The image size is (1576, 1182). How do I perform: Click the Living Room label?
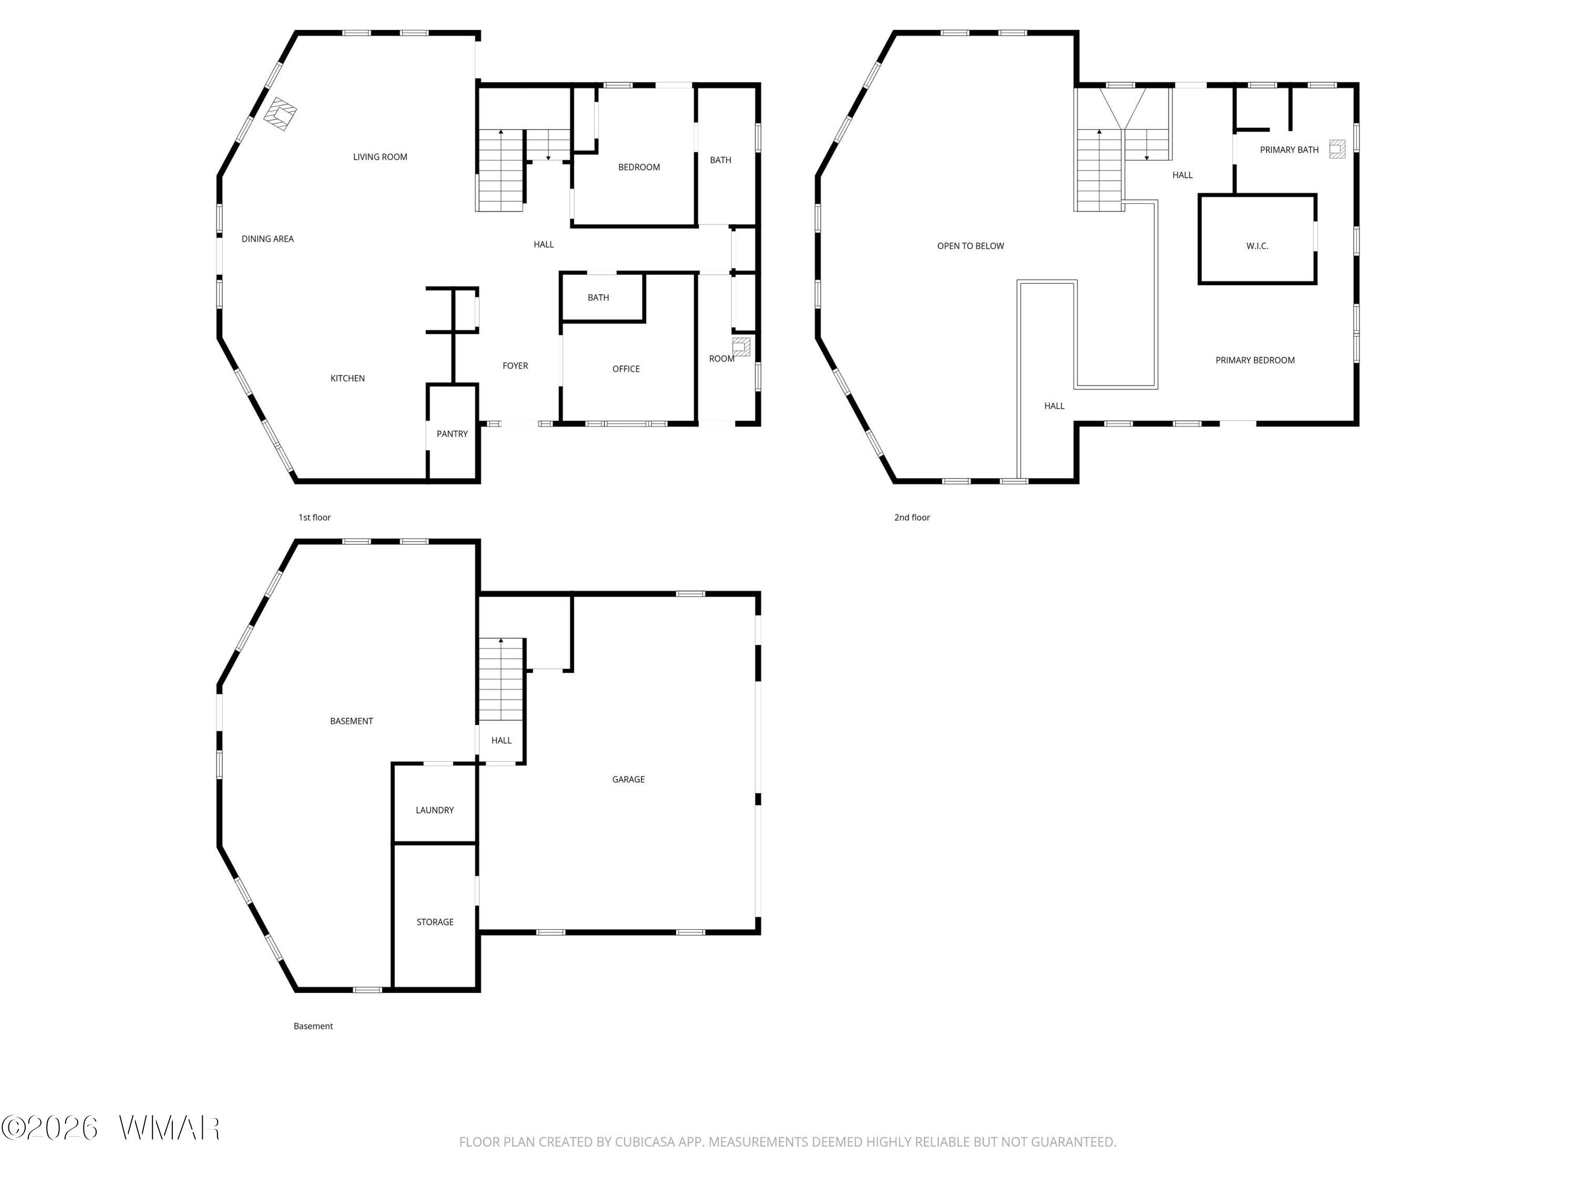click(380, 157)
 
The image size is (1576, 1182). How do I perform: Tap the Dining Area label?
click(267, 239)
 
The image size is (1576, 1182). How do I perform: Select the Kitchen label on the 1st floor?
click(348, 378)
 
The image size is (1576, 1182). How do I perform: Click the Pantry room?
click(452, 434)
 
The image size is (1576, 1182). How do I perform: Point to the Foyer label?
click(515, 366)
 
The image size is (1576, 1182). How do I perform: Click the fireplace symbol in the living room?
click(281, 114)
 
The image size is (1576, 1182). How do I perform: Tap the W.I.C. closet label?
click(1258, 246)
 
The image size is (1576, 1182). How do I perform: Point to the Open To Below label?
click(970, 246)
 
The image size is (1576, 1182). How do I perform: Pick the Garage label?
click(628, 780)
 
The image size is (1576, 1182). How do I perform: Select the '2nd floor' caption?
click(912, 517)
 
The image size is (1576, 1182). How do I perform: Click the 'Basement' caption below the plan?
click(314, 1026)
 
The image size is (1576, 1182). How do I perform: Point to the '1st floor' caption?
click(314, 517)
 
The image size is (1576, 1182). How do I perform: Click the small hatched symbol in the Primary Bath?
click(1337, 149)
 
